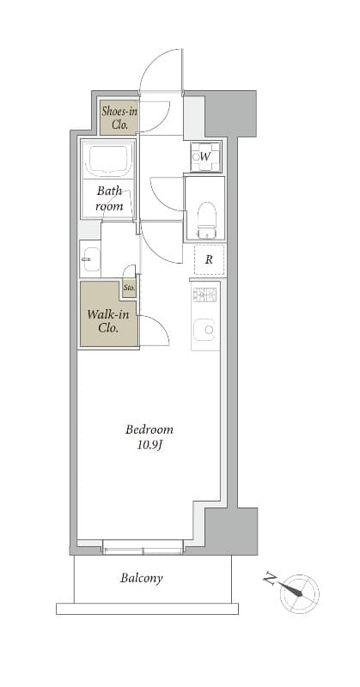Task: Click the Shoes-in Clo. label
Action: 119,118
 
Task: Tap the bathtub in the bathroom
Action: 109,160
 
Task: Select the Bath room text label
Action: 109,198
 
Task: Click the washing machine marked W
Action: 205,156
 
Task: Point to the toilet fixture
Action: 207,220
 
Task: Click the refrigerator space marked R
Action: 209,259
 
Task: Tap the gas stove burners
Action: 204,295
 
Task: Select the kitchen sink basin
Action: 204,329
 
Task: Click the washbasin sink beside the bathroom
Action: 90,259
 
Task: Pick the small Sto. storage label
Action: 129,288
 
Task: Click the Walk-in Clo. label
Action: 108,321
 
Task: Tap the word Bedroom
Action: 149,429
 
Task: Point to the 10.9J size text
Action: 149,446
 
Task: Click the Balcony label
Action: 142,578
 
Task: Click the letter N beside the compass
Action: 269,581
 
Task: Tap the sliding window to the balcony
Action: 143,547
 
